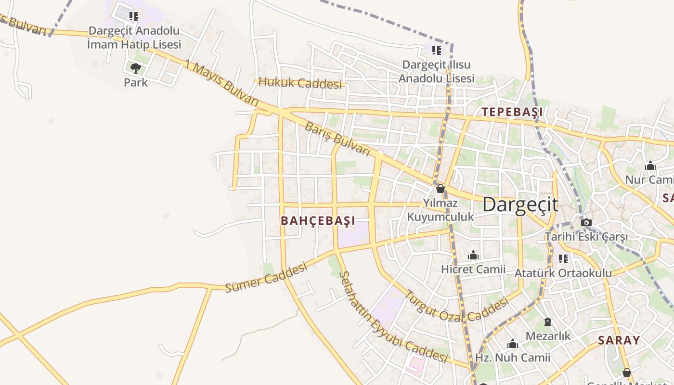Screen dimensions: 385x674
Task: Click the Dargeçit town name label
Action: click(520, 205)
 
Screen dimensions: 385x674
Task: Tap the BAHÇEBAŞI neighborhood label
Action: click(318, 221)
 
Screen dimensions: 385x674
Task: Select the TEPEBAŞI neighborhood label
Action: click(512, 112)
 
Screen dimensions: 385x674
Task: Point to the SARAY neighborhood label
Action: click(619, 340)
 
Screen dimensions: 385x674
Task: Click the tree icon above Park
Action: click(136, 68)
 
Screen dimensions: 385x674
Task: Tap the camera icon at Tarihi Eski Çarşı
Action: click(586, 222)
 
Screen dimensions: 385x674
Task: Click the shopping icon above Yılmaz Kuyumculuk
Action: click(440, 189)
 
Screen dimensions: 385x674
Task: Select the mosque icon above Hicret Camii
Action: click(473, 255)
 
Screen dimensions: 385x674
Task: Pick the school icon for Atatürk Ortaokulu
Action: click(563, 259)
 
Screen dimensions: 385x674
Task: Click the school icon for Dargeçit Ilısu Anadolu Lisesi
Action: click(437, 51)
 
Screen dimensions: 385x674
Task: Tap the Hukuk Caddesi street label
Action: click(299, 83)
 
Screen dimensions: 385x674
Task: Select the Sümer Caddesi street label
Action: click(266, 277)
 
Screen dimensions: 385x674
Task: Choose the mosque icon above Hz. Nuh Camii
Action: click(513, 344)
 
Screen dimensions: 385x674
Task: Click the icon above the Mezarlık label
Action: click(547, 321)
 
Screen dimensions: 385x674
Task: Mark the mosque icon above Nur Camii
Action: click(650, 166)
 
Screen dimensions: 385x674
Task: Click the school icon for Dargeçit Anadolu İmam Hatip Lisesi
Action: click(134, 16)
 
